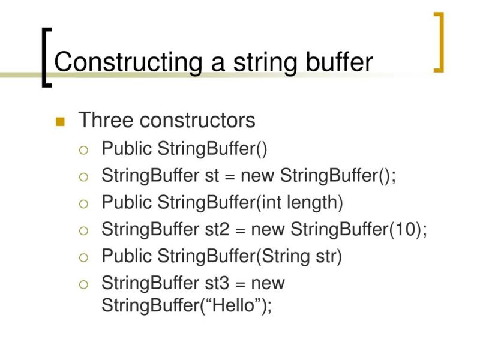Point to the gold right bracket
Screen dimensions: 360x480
[x=439, y=41]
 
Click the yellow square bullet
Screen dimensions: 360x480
[x=59, y=122]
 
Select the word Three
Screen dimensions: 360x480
[x=106, y=121]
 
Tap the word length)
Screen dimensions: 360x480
[x=314, y=202]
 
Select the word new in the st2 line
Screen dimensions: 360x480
[x=269, y=229]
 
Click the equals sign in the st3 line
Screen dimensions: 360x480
[x=243, y=282]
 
